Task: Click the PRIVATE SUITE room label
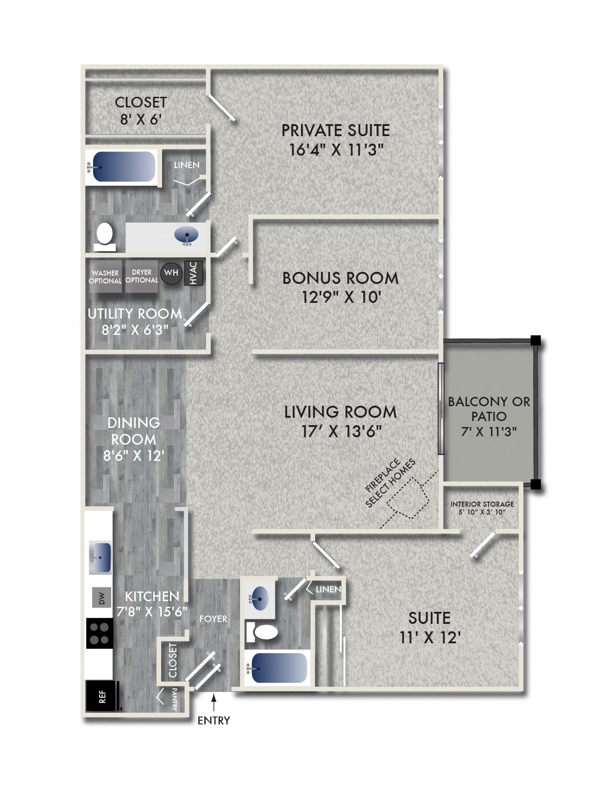coord(335,131)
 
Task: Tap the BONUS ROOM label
coord(340,278)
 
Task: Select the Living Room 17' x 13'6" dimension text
coord(341,431)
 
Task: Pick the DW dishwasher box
coord(101,598)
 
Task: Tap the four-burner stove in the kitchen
coord(100,634)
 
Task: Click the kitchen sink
coord(100,558)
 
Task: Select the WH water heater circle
coord(171,273)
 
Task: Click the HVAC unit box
coord(194,273)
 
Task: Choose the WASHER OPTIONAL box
coord(105,277)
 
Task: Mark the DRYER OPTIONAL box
coord(142,277)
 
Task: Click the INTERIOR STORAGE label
coord(482,508)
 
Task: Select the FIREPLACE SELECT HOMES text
coord(390,483)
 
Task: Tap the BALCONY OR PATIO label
coord(489,416)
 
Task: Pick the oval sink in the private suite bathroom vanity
coord(186,236)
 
